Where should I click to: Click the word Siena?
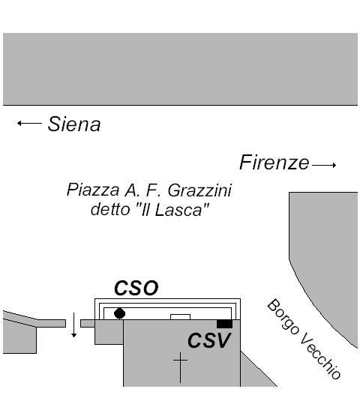tap(74, 124)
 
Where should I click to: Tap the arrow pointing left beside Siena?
tap(29, 123)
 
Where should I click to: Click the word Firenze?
tap(274, 162)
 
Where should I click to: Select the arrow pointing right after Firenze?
tap(324, 165)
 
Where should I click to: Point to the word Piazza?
tap(93, 190)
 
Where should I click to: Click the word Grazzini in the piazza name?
tap(199, 190)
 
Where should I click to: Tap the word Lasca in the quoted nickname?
tap(178, 210)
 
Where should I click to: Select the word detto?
tap(110, 210)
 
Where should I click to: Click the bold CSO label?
tap(136, 288)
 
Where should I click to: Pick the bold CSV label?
tap(209, 340)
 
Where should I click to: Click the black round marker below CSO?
tap(119, 313)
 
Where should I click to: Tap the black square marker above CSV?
tap(224, 324)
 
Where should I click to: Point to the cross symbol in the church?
tap(180, 367)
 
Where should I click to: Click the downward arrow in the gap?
tap(73, 325)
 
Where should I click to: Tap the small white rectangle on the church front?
tap(180, 317)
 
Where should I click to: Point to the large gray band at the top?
tap(180, 69)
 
